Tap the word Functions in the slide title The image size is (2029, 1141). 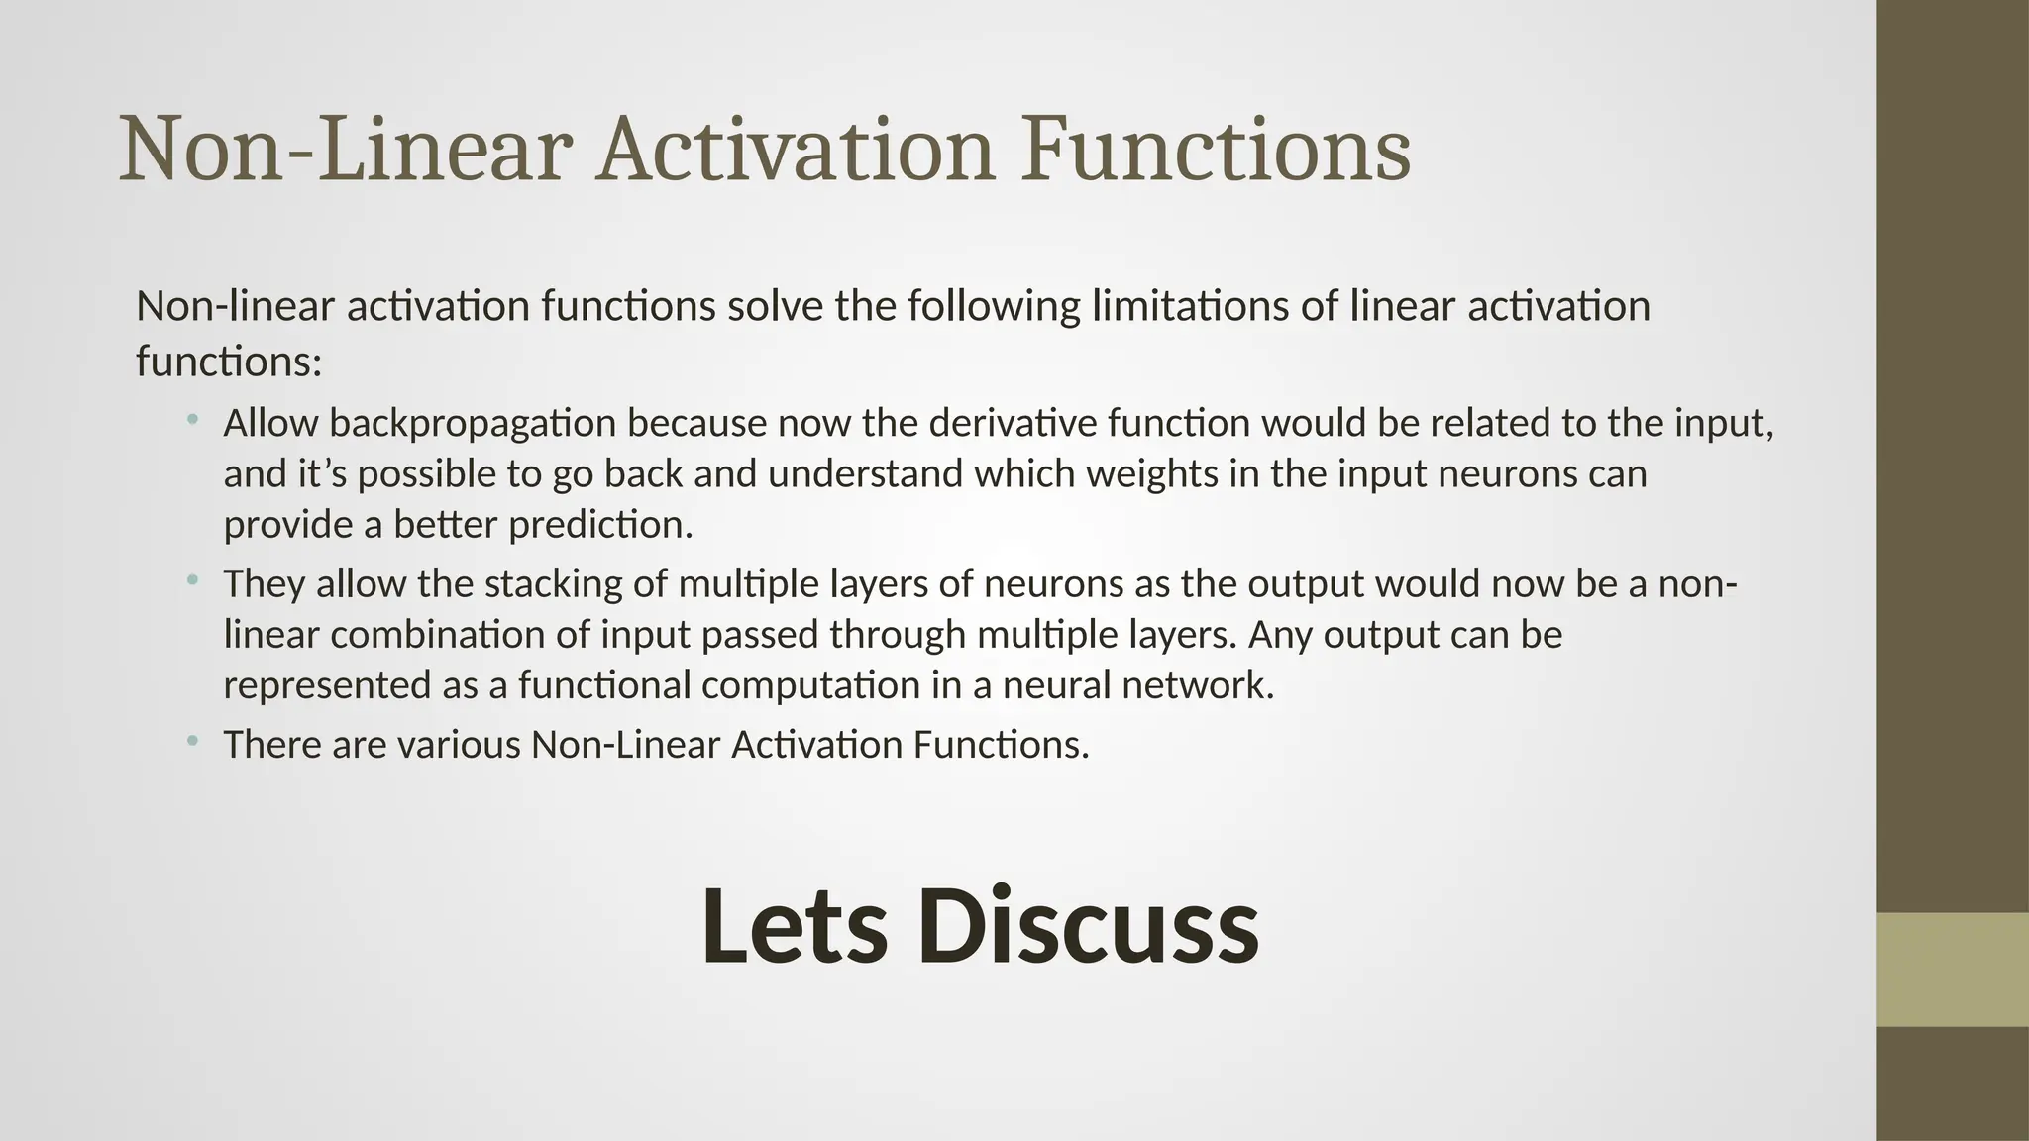coord(1216,151)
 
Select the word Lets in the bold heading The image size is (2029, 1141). coord(794,928)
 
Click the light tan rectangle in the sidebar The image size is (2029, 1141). coord(1953,970)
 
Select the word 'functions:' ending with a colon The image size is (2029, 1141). coord(229,362)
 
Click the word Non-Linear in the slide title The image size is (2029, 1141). coord(346,151)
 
